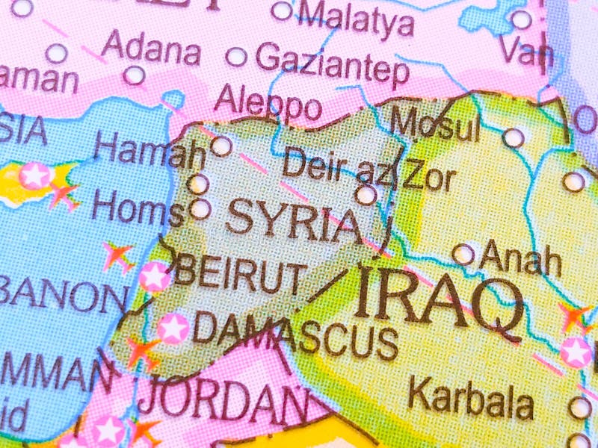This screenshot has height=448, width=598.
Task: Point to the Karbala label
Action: pyautogui.click(x=471, y=399)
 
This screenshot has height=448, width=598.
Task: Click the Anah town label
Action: pyautogui.click(x=521, y=258)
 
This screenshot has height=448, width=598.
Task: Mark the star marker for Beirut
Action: pyautogui.click(x=155, y=276)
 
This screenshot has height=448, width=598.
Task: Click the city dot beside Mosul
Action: pyautogui.click(x=513, y=137)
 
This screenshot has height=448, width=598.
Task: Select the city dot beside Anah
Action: pyautogui.click(x=463, y=255)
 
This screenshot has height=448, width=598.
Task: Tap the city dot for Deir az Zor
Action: pyautogui.click(x=366, y=196)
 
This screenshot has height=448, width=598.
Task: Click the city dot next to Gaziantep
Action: pyautogui.click(x=236, y=57)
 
